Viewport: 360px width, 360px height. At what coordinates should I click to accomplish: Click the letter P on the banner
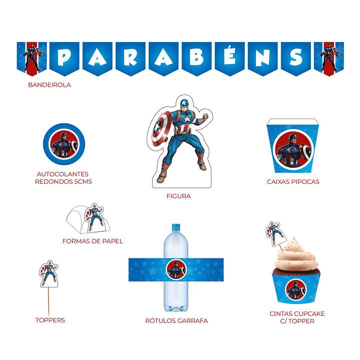64,57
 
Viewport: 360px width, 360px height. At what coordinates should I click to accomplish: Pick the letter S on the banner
296,57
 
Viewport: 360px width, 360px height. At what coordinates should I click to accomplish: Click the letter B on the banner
197,57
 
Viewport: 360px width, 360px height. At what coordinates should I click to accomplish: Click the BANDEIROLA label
50,85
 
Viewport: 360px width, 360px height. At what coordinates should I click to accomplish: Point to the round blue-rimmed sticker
64,144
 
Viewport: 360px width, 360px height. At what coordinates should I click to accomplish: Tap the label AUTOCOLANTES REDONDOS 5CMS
64,178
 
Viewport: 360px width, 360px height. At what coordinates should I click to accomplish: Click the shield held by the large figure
161,129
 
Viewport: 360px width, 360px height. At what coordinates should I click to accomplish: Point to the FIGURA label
179,196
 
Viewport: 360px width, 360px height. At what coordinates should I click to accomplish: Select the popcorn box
293,146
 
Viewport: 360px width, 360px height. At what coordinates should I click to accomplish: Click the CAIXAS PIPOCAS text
293,182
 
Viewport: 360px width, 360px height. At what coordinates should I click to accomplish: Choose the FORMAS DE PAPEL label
93,241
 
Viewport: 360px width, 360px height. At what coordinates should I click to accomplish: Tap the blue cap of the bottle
176,227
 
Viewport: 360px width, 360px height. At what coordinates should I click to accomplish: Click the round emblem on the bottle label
176,270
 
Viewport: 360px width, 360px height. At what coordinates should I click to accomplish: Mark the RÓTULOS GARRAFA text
177,321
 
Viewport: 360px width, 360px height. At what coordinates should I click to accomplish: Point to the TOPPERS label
50,320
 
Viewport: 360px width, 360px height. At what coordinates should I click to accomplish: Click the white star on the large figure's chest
187,119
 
